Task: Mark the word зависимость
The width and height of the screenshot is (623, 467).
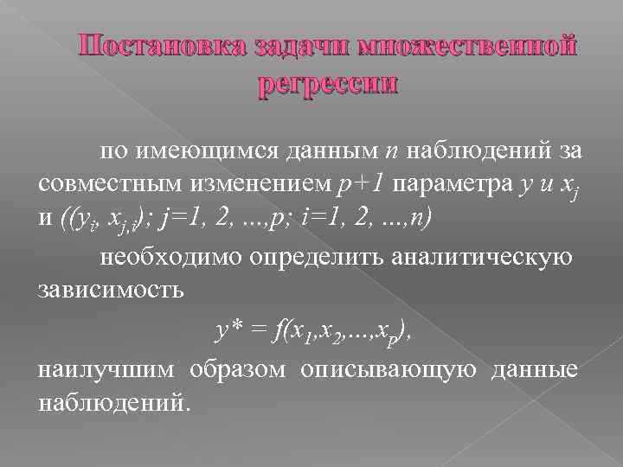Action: coord(110,288)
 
